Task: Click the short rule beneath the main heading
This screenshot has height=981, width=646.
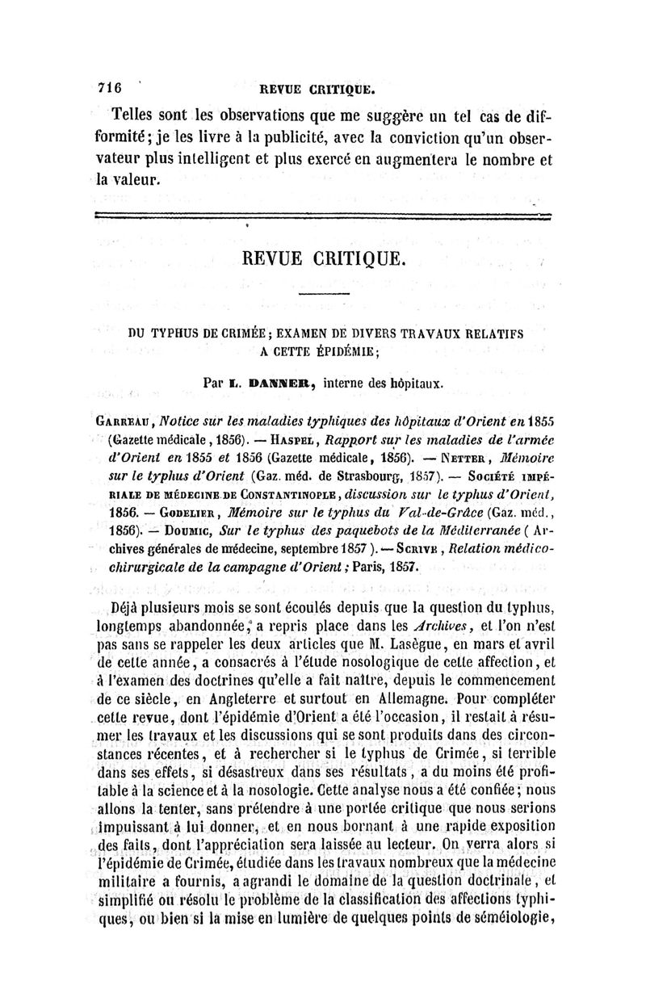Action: (323, 293)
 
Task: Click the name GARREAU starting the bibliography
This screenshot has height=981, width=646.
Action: (120, 420)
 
